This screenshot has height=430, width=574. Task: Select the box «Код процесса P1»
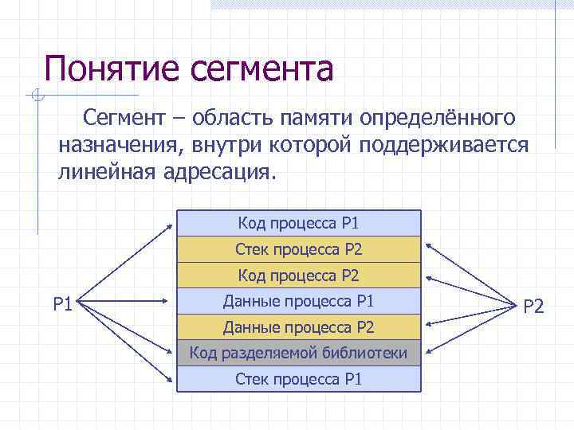298,223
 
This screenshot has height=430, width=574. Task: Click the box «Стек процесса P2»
298,249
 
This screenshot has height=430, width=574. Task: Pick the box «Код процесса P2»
298,276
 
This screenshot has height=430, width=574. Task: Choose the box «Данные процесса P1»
298,301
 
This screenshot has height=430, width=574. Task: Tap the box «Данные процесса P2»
298,327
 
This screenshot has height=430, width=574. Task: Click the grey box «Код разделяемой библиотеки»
298,353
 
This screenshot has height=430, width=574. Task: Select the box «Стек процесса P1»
298,379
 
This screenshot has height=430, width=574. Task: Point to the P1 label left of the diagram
63,303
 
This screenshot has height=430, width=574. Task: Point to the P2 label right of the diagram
533,304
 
